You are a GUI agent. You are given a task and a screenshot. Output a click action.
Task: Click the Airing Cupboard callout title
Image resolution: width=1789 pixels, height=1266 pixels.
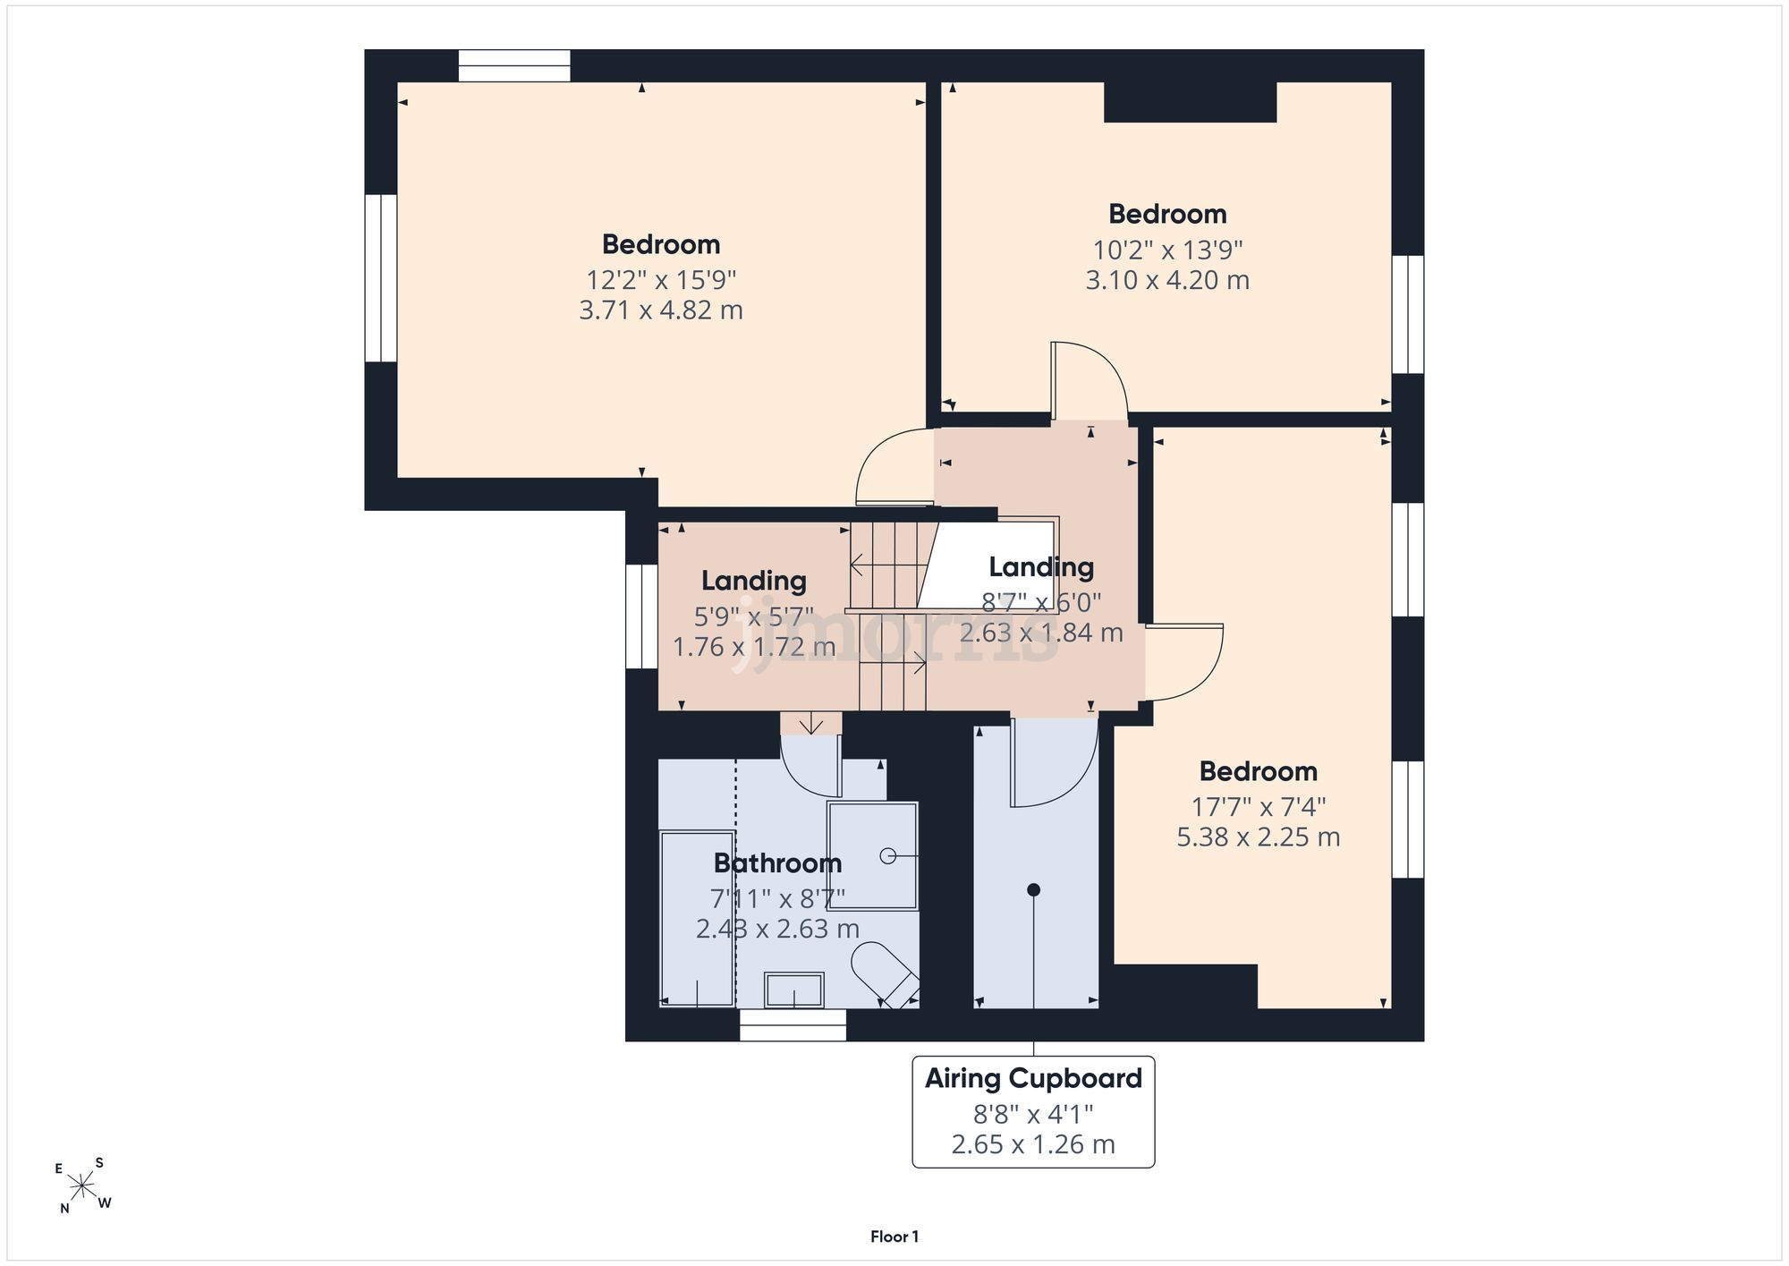click(x=1033, y=1079)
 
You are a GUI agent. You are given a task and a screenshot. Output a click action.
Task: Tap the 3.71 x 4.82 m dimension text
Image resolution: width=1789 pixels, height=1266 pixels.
click(x=661, y=310)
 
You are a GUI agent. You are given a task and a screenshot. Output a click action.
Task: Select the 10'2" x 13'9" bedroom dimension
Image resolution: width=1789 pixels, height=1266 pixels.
click(x=1167, y=250)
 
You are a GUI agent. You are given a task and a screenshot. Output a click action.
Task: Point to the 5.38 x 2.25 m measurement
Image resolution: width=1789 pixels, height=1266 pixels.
click(x=1258, y=837)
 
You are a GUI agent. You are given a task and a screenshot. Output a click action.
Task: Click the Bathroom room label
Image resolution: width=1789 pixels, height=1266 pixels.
click(x=777, y=863)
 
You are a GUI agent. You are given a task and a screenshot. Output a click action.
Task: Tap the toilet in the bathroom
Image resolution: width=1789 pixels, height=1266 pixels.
click(x=885, y=974)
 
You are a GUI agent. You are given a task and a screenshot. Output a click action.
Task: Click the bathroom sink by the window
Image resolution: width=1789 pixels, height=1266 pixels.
click(x=793, y=990)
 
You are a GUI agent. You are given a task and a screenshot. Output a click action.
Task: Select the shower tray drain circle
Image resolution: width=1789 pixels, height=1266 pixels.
click(x=887, y=856)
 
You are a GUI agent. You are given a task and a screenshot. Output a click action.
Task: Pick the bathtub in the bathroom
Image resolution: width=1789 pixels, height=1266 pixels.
click(x=697, y=918)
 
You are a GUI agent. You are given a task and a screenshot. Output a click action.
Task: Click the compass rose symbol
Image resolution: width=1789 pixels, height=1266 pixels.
click(x=82, y=1186)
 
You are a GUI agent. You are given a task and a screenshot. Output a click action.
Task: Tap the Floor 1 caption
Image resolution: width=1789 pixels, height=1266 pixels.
click(x=894, y=1236)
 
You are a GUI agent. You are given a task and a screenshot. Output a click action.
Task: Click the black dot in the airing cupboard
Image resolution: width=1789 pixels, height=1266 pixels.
click(x=1033, y=889)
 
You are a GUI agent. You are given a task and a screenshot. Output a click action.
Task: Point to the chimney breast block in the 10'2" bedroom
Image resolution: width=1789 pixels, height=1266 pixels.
click(x=1190, y=102)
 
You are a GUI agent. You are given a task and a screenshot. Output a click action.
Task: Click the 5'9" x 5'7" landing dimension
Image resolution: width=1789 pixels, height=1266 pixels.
click(x=754, y=616)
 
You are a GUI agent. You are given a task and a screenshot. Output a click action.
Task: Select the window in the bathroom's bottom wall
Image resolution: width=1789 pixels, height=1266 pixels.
click(x=793, y=1025)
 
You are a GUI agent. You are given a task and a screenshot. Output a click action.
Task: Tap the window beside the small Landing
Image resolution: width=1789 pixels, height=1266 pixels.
click(x=641, y=616)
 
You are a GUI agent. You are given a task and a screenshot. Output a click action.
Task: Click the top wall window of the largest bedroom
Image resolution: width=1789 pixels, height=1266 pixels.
click(x=514, y=65)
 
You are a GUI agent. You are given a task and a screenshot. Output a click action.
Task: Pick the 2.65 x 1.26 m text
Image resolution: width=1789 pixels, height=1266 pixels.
click(x=1033, y=1144)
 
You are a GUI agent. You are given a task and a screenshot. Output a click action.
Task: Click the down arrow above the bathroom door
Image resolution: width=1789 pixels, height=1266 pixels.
click(x=811, y=723)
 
